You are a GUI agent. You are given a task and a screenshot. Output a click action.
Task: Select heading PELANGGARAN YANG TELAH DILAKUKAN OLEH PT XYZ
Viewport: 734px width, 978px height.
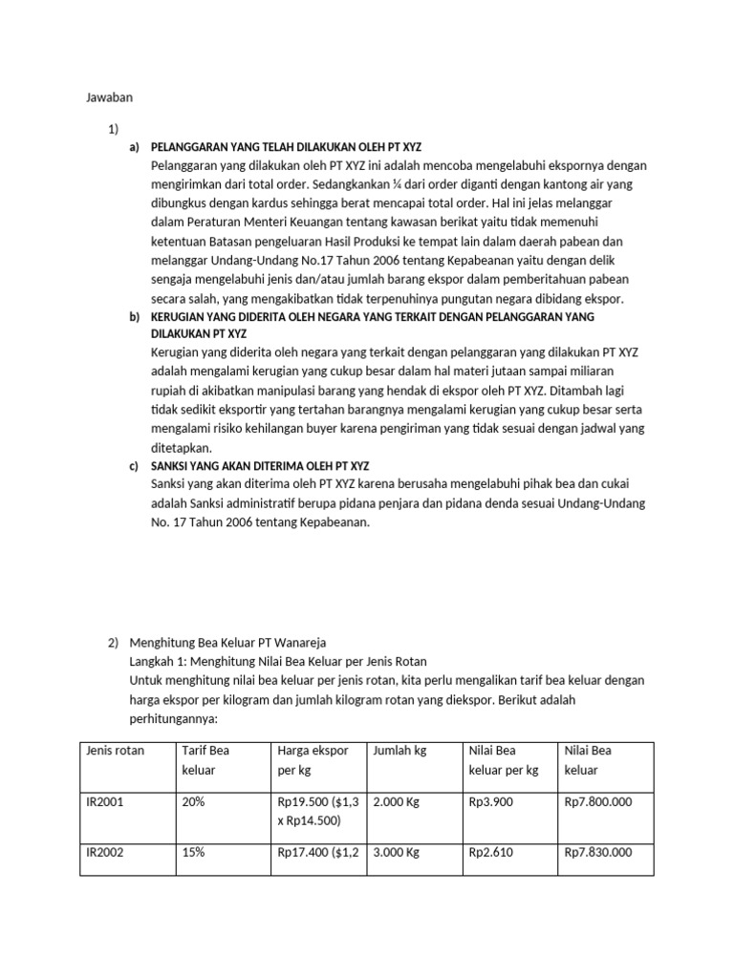pos(287,147)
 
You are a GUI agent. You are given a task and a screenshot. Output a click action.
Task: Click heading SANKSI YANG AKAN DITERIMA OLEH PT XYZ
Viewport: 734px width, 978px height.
pos(260,466)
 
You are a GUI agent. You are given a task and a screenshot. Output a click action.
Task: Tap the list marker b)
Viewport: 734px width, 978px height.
pos(133,316)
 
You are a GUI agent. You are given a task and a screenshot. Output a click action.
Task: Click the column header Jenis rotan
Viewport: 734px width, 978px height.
pos(115,751)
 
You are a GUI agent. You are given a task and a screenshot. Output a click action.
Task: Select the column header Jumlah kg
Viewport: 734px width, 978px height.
pos(400,751)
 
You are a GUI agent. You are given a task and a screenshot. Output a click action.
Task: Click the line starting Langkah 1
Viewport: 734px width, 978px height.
pos(277,661)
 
